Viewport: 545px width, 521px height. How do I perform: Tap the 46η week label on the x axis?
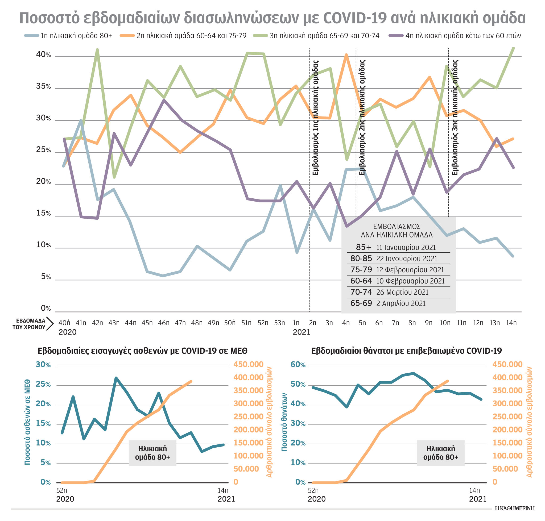click(163, 323)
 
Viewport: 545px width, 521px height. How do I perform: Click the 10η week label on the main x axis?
click(445, 323)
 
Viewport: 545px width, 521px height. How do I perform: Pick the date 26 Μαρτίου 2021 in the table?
click(402, 292)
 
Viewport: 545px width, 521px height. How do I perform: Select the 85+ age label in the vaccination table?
click(363, 247)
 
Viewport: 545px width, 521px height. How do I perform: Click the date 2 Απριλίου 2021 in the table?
click(401, 303)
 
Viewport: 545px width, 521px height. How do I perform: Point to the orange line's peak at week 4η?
click(346, 55)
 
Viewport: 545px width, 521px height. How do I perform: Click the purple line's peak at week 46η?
click(164, 100)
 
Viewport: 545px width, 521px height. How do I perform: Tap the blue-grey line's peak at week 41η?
click(81, 120)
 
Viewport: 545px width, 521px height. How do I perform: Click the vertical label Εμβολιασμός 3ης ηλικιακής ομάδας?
click(455, 117)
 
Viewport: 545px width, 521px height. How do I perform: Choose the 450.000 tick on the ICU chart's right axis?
click(248, 364)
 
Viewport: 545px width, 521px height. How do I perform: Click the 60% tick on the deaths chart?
click(298, 365)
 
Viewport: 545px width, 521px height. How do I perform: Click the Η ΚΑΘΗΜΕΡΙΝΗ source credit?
click(514, 508)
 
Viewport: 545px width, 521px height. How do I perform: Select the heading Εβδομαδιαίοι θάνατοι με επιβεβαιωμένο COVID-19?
click(406, 351)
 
